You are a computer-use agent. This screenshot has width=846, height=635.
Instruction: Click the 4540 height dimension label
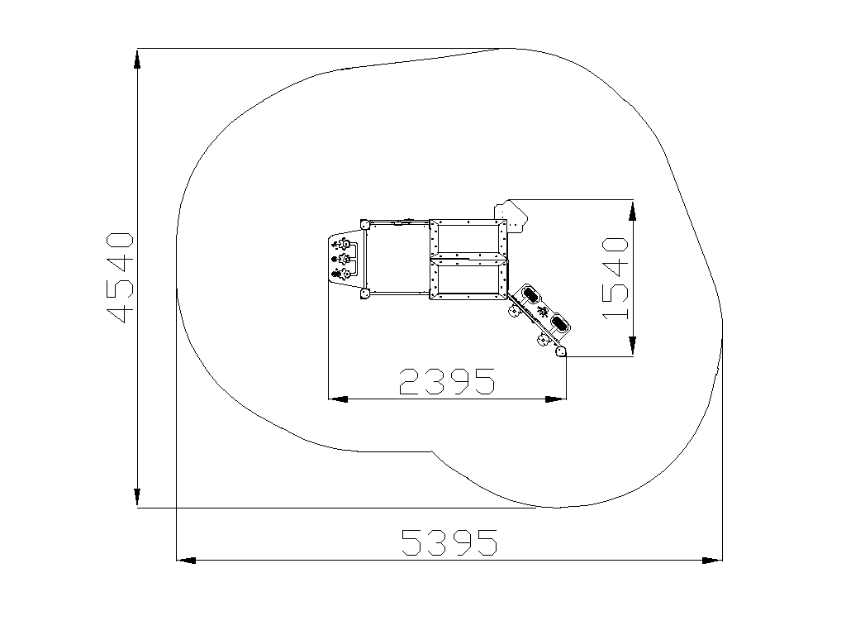120,278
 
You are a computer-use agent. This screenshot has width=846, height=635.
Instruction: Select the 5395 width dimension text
449,542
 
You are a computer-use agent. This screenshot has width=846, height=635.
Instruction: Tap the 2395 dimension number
447,381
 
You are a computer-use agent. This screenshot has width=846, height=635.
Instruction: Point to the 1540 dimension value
615,278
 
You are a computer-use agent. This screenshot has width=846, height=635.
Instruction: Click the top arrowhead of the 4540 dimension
138,60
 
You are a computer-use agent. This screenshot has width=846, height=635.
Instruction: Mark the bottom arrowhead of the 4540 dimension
138,497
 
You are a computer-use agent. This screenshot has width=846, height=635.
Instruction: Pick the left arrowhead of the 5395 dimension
187,561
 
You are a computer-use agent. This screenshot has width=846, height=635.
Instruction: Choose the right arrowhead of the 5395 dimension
712,561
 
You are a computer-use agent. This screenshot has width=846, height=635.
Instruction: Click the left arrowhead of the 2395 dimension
338,399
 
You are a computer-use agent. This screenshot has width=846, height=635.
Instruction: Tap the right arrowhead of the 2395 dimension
556,399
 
